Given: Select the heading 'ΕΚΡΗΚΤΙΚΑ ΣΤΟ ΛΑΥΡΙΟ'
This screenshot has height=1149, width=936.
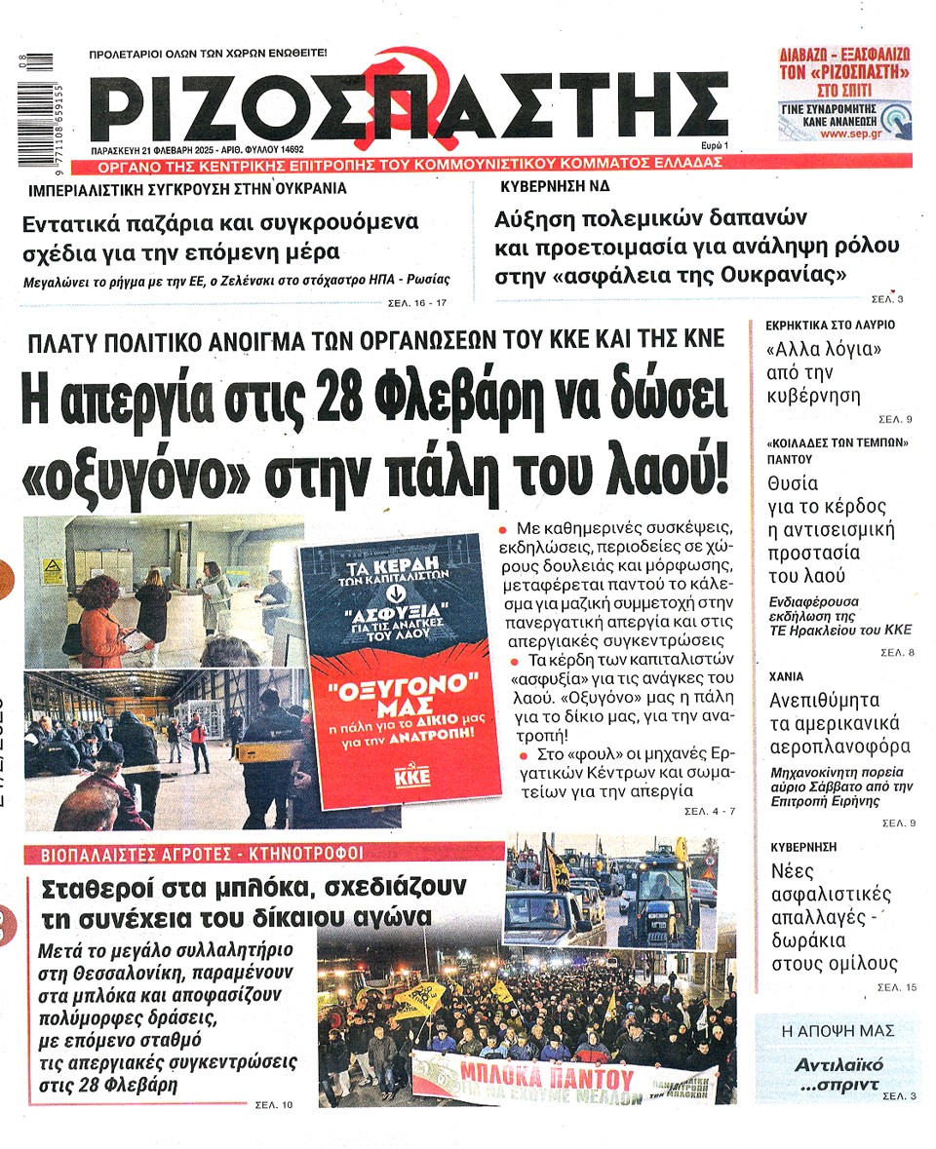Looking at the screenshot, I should (831, 325).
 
